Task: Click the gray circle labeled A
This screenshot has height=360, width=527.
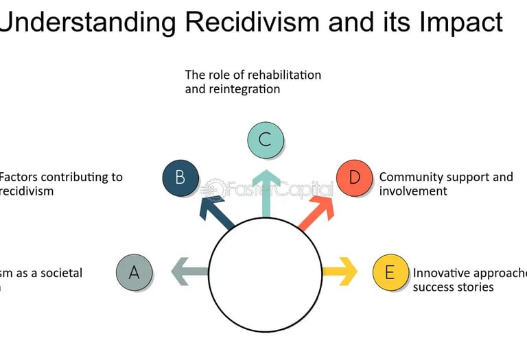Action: pos(134,272)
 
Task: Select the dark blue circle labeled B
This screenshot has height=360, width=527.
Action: pos(180,178)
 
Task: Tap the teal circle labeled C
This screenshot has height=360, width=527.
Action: pos(265,139)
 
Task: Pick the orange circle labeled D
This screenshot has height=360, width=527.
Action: pos(354,178)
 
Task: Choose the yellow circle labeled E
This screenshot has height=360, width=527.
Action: pos(390,272)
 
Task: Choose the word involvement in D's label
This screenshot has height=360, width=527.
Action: pos(413,191)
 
